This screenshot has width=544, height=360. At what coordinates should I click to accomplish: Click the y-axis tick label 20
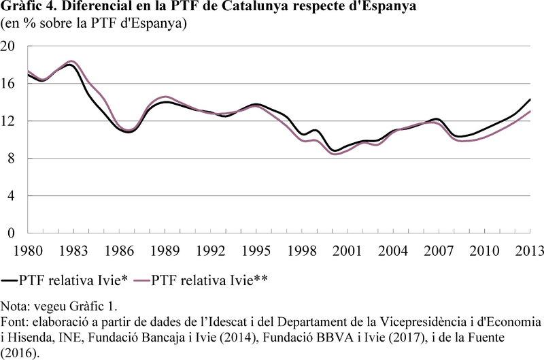(x=7, y=46)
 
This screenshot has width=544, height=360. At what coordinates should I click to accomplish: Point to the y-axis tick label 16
(x=7, y=83)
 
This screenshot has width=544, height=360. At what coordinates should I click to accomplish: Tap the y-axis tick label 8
(x=11, y=159)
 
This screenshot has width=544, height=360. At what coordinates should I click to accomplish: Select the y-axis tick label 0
(x=11, y=233)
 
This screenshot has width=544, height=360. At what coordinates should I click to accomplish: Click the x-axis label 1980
(x=28, y=250)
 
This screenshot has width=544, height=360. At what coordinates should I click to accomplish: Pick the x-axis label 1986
(x=119, y=250)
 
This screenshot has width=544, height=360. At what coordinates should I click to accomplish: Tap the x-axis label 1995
(x=256, y=250)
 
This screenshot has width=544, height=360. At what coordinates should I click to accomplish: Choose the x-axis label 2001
(x=347, y=250)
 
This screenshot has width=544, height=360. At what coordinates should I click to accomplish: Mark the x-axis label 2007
(x=439, y=250)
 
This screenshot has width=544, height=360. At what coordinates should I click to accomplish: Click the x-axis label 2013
(x=530, y=250)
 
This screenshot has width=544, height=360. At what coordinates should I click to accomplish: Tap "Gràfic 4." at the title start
(x=28, y=6)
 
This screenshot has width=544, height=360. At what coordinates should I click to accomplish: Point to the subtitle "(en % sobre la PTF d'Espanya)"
(x=94, y=24)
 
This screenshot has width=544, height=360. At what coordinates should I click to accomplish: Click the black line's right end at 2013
(x=530, y=99)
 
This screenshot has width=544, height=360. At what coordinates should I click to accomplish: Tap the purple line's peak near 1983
(x=71, y=61)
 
